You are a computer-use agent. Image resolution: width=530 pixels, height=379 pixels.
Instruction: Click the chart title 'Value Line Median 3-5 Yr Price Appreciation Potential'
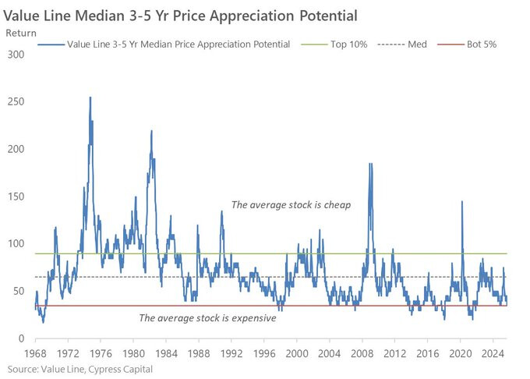click(x=178, y=15)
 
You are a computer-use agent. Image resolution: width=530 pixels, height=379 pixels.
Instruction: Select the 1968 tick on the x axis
click(x=35, y=353)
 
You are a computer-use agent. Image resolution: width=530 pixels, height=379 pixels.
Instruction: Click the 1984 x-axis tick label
click(x=165, y=353)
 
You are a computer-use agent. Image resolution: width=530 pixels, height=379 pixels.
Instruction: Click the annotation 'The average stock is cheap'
click(x=291, y=205)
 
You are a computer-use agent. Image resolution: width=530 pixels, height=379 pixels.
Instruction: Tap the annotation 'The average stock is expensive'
click(x=207, y=317)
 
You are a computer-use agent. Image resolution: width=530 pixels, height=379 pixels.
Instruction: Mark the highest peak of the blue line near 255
click(x=90, y=97)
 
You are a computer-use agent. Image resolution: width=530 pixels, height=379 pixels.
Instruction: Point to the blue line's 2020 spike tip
click(x=462, y=201)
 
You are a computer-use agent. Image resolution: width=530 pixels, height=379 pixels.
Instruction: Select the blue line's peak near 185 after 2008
click(x=370, y=164)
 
